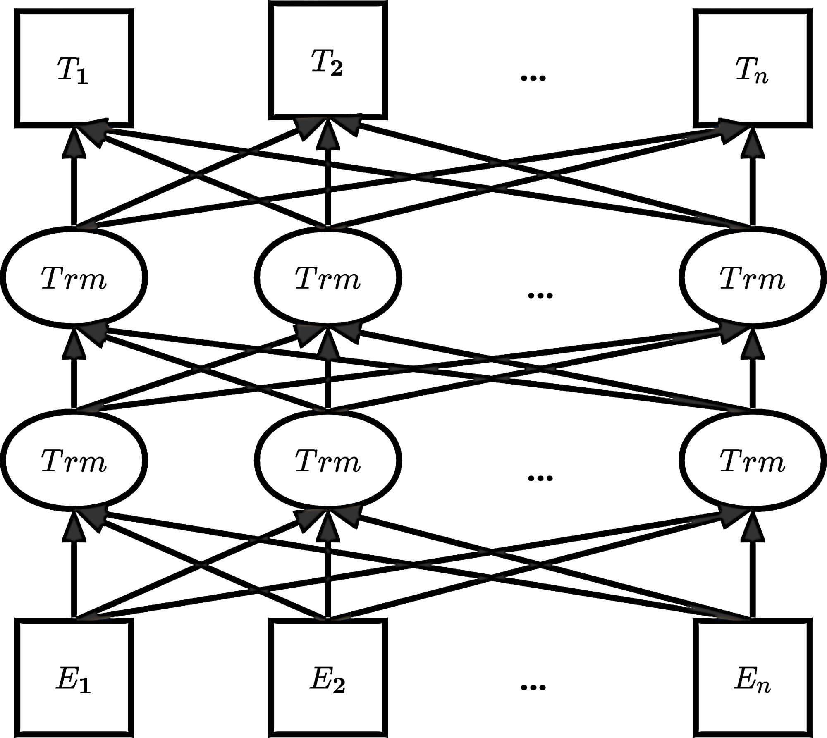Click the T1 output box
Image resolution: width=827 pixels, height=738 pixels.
coord(74,68)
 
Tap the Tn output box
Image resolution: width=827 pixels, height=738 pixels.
coord(752,68)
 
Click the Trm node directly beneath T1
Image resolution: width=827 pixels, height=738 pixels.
coord(74,277)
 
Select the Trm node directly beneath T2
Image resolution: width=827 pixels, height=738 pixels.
coord(328,277)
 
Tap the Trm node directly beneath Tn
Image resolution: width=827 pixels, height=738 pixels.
coord(752,277)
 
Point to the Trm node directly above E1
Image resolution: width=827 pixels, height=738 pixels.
coord(74,460)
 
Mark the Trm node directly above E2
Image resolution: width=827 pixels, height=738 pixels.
coord(328,460)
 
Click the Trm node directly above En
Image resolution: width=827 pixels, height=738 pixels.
coord(752,460)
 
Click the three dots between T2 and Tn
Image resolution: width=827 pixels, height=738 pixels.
coord(533,78)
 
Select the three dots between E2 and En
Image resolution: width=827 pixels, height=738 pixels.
coord(533,688)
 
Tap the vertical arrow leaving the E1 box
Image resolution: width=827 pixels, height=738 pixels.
coord(74,579)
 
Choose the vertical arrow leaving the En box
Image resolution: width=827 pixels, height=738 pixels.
coord(752,579)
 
